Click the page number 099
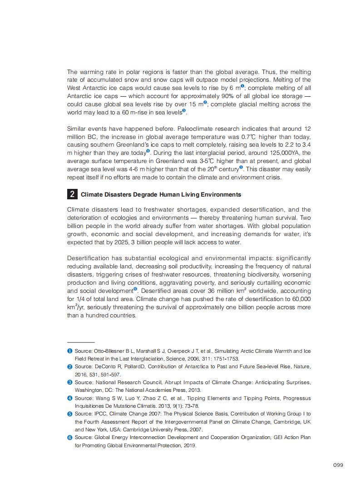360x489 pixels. [338, 464]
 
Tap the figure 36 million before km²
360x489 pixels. [222, 291]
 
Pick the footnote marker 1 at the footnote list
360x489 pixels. [70, 351]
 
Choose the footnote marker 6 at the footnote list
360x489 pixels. [70, 437]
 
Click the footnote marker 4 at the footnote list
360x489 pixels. [70, 398]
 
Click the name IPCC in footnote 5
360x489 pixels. [100, 414]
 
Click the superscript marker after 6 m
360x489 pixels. [242, 86]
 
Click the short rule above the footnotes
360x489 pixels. [81, 342]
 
